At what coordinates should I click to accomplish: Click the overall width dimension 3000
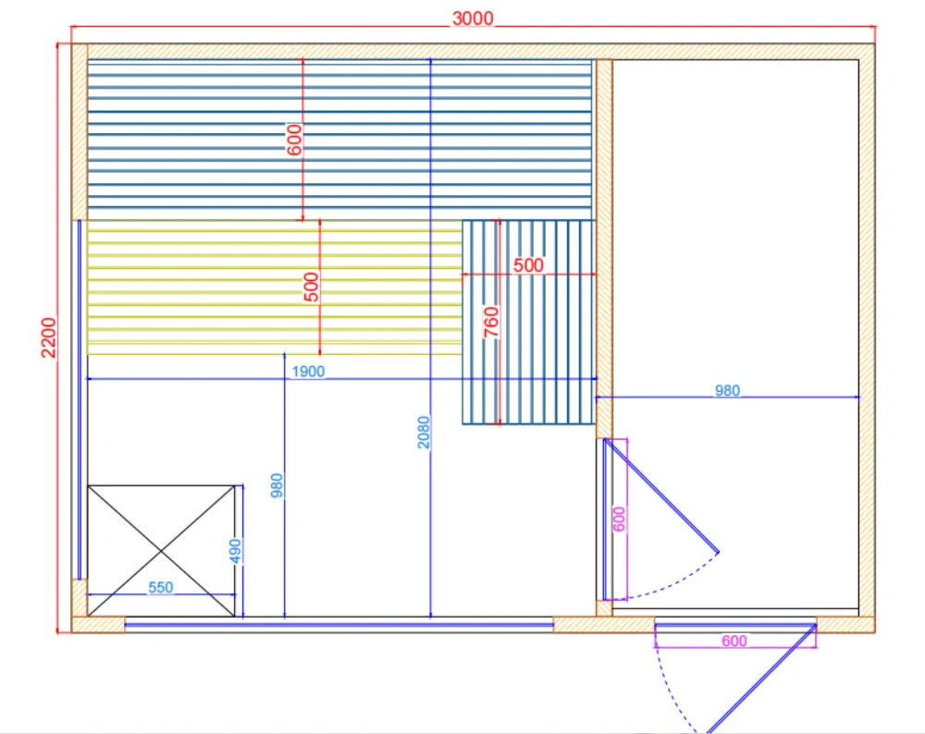pos(473,18)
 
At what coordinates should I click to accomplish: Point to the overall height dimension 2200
pos(49,338)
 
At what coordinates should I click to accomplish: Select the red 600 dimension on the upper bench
pos(295,139)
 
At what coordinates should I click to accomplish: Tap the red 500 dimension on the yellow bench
pos(312,287)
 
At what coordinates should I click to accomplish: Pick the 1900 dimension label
pos(308,372)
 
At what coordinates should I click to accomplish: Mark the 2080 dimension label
pos(424,433)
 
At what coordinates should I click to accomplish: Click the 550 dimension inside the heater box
pos(160,588)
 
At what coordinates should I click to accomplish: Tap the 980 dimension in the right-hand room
pos(728,390)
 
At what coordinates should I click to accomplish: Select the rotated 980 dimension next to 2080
pos(277,486)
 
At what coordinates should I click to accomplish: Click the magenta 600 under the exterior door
pos(734,641)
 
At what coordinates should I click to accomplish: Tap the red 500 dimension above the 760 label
pos(528,265)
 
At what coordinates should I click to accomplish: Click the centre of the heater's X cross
pos(161,551)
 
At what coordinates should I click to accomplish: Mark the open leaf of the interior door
pos(662,495)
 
